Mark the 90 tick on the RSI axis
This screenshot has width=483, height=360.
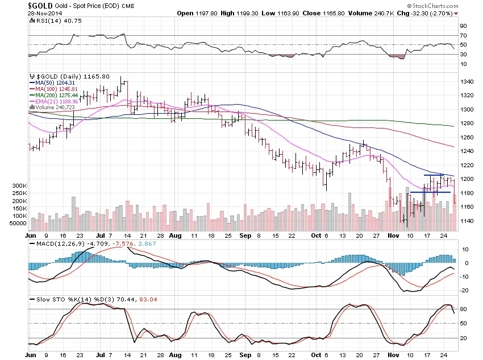point(463,26)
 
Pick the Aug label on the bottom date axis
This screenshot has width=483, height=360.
point(175,234)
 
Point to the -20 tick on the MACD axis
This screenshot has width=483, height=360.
point(463,290)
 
